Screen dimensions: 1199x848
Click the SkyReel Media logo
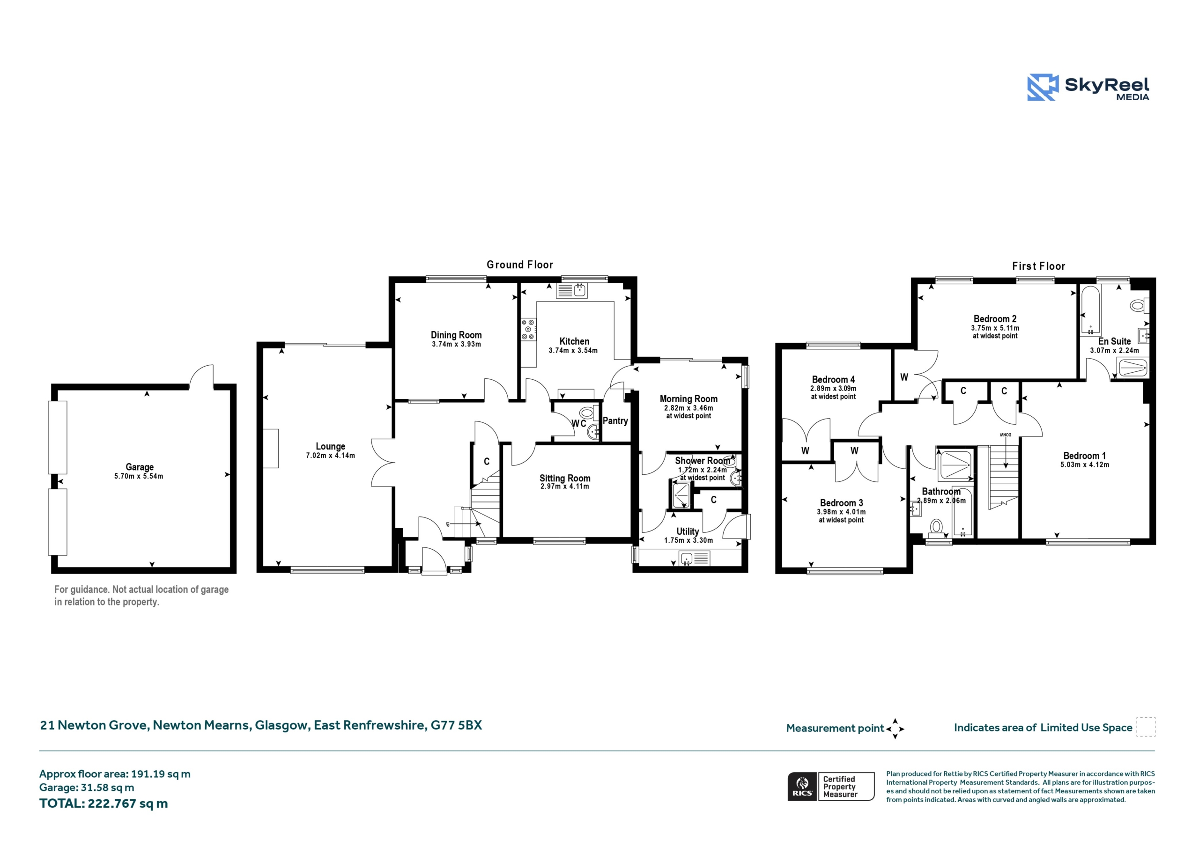point(1088,87)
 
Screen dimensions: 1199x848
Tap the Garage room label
point(140,467)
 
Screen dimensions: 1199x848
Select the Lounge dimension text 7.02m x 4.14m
point(330,455)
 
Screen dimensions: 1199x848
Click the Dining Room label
point(456,335)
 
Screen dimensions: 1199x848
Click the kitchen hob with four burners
point(528,330)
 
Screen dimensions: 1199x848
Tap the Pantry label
point(615,420)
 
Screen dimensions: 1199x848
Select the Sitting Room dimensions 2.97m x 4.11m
point(564,486)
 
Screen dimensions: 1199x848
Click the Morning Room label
point(688,398)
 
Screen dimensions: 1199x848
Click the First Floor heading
point(1038,266)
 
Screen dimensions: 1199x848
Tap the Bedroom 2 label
point(995,318)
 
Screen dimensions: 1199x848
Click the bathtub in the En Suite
point(1090,311)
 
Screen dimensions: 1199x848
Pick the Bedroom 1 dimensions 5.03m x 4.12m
point(1085,464)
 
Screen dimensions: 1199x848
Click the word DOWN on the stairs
point(1005,435)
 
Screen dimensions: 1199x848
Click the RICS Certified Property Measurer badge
point(830,786)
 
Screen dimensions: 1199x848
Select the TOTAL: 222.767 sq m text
point(104,804)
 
